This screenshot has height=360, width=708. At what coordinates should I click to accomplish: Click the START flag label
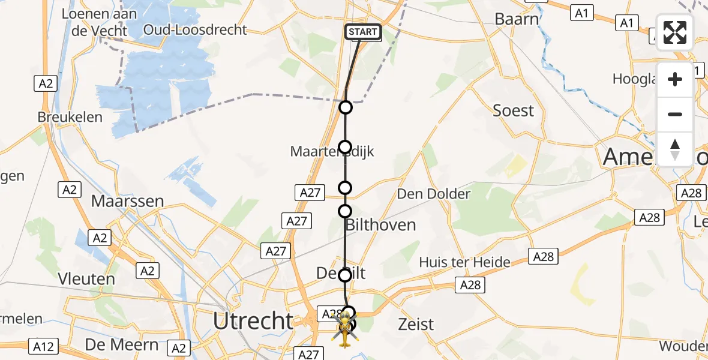pos(363,32)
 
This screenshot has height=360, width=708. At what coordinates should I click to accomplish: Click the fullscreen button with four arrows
pos(675,32)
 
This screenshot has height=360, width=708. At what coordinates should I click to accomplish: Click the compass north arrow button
pos(675,149)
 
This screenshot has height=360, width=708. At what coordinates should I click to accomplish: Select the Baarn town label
pos(517,19)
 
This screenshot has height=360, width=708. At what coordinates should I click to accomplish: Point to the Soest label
pos(513,110)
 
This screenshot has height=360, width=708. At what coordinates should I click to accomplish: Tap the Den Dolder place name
pos(434,194)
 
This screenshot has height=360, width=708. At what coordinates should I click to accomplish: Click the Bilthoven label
pos(380,225)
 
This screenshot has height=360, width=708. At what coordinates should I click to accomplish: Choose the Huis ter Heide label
pos(465,262)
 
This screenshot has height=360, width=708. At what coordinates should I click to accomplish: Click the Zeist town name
pos(416,325)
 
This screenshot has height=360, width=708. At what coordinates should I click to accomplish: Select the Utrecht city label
pos(253,322)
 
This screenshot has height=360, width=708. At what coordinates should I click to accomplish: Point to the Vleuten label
pos(87,279)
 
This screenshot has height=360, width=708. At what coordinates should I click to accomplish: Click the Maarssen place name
pos(127,201)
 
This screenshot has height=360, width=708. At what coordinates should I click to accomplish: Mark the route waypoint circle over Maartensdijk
pos(345,147)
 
